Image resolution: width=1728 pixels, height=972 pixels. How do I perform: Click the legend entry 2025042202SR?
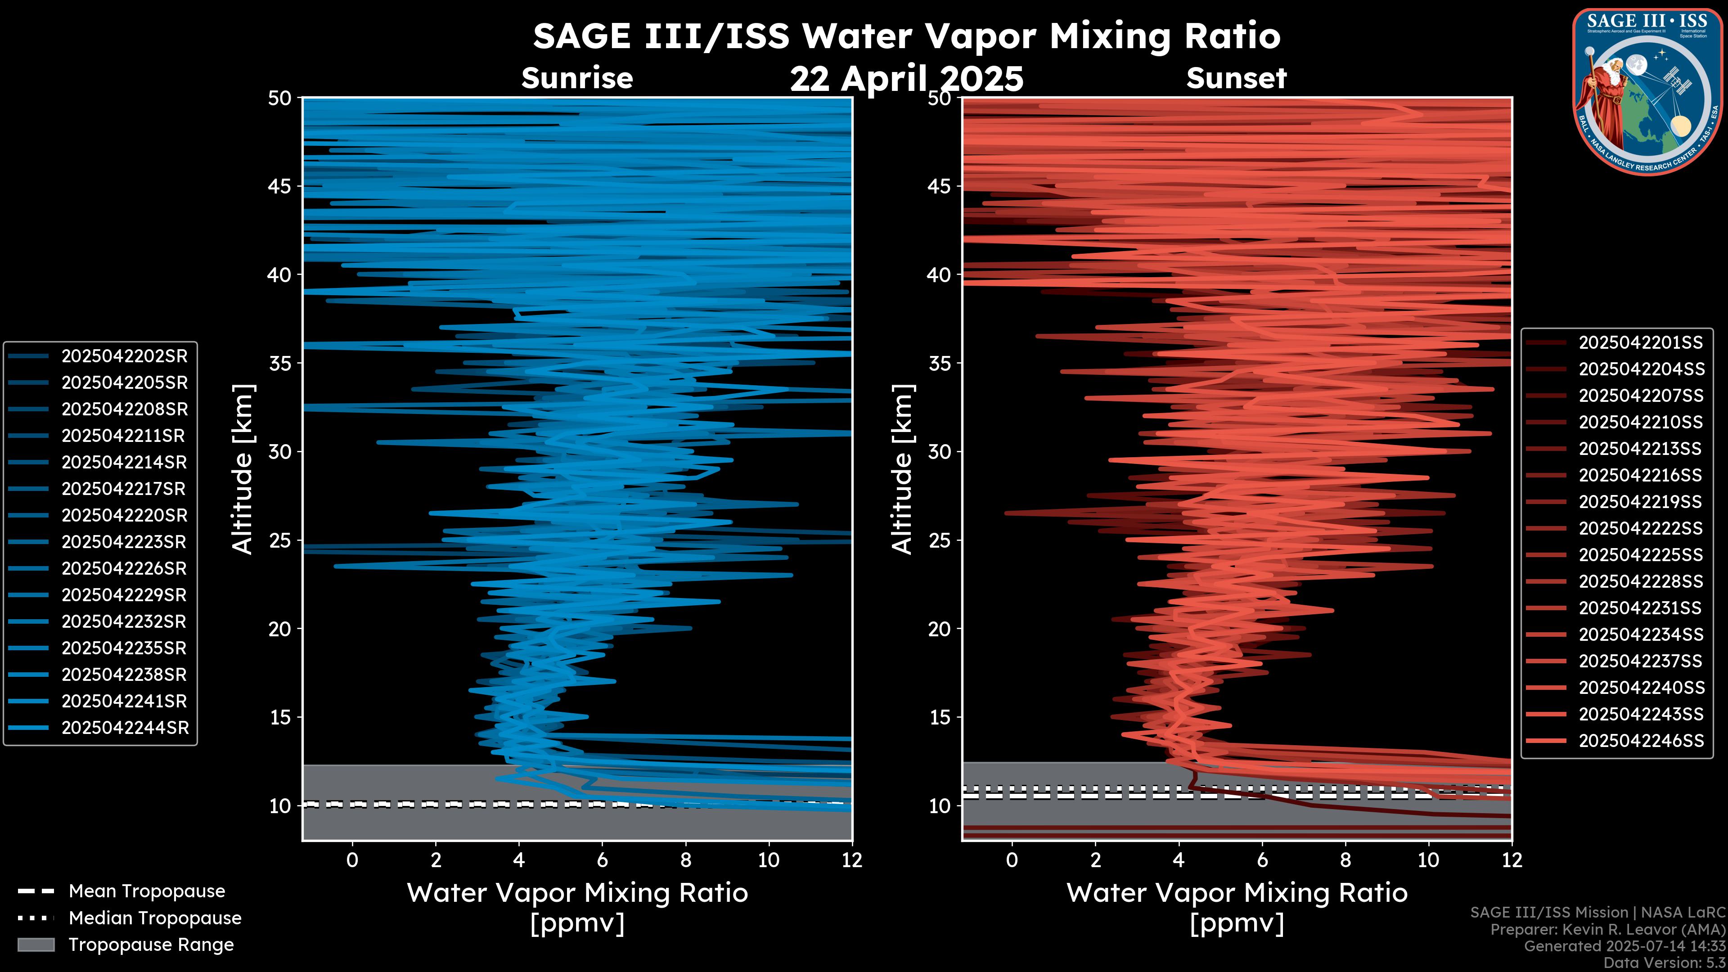[124, 356]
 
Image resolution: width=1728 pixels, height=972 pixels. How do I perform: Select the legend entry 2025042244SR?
[125, 728]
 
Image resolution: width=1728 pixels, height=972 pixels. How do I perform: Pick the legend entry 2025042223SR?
[124, 542]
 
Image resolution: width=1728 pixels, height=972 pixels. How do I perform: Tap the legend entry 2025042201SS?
[1640, 343]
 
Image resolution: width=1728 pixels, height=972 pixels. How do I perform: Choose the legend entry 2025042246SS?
[1641, 741]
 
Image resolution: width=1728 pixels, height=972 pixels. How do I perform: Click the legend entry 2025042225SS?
[1640, 555]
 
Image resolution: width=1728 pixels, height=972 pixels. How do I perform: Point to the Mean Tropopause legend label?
[147, 891]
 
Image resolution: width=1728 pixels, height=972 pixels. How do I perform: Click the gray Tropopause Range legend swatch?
[36, 945]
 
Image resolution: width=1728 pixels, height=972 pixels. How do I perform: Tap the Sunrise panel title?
[577, 78]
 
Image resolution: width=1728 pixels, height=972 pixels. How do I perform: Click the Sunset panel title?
[1236, 78]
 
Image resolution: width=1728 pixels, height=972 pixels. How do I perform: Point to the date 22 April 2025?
[906, 79]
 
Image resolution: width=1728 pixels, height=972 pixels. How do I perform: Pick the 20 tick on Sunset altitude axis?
[940, 629]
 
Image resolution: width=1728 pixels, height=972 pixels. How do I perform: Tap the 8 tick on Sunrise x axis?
[685, 860]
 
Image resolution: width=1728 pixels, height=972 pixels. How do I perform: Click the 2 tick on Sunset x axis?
[1095, 860]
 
